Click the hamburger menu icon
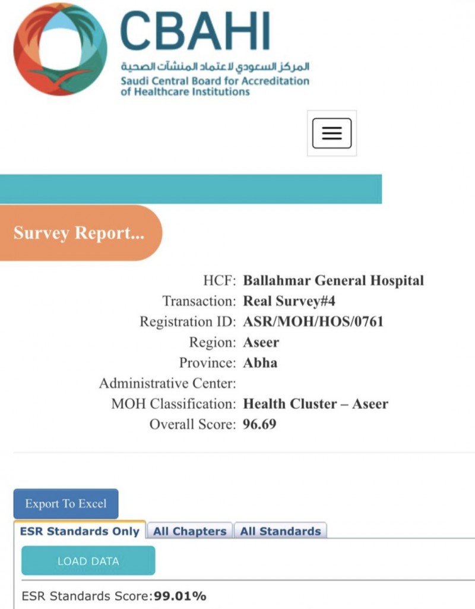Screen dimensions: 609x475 coord(332,133)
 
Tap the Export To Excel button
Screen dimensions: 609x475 coord(66,504)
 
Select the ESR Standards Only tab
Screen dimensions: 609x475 coord(80,531)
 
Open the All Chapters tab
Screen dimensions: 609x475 coord(189,531)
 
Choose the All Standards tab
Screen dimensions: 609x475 coord(280,531)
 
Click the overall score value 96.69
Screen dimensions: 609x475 coord(260,424)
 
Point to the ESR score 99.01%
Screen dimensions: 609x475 coord(180,596)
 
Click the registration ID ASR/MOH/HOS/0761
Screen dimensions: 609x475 coord(313,322)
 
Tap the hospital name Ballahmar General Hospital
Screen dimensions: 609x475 coord(334,280)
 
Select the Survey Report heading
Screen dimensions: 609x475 coord(79,232)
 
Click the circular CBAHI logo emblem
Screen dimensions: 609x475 coord(60,49)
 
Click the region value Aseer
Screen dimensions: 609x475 coord(261,342)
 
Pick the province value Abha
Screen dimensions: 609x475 coord(260,362)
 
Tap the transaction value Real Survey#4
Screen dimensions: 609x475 coord(293,301)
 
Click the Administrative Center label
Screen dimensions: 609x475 coord(167,383)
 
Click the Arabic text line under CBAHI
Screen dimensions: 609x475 coord(215,67)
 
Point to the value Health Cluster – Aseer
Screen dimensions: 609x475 coord(316,404)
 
